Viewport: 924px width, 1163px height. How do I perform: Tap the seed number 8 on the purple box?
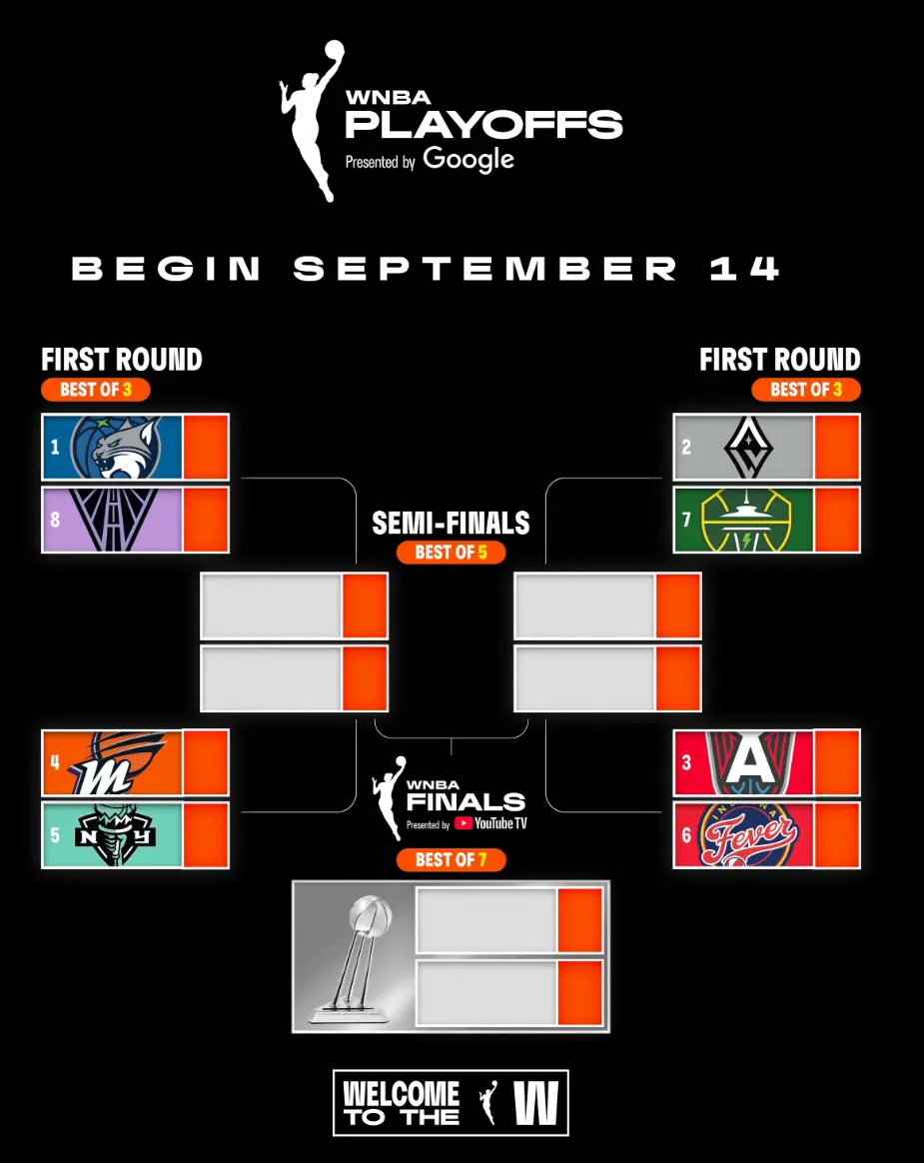tap(55, 520)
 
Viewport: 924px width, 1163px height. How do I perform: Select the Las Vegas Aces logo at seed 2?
tap(748, 447)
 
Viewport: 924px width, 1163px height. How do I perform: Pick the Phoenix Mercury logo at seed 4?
tap(115, 762)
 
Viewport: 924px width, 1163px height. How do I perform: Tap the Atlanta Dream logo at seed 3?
tap(749, 762)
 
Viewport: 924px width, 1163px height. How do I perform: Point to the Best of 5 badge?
tap(451, 553)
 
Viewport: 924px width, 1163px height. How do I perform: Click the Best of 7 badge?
tap(451, 859)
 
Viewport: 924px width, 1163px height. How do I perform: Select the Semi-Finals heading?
tap(451, 523)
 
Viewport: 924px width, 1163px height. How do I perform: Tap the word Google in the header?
tap(468, 159)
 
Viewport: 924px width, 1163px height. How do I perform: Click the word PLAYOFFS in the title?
tap(483, 125)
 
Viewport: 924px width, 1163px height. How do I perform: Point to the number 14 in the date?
tap(744, 269)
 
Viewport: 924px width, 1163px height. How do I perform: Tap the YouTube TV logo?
tap(490, 823)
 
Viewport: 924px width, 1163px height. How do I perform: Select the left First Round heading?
tap(122, 360)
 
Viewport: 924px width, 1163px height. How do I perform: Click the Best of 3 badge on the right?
tap(806, 390)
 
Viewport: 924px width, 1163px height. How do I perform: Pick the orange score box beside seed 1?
tap(206, 448)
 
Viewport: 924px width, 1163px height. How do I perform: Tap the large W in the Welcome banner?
tap(535, 1103)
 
